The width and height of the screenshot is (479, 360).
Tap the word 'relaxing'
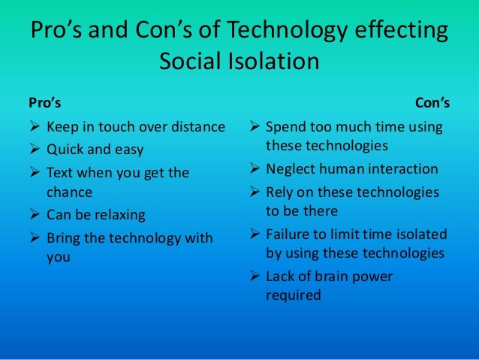pyautogui.click(x=118, y=215)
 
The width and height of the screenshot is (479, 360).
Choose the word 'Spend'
pyautogui.click(x=287, y=126)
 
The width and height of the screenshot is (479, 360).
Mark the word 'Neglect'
pyautogui.click(x=291, y=169)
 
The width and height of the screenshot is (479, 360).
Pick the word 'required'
pyautogui.click(x=293, y=295)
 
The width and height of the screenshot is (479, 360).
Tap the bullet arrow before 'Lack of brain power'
pyautogui.click(x=253, y=277)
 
